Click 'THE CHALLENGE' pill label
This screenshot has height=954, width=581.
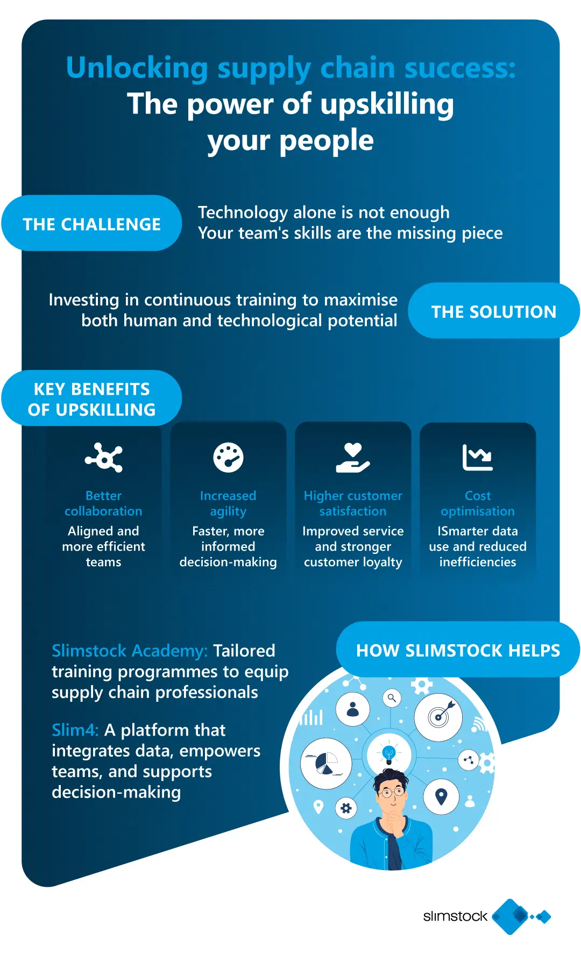point(91,223)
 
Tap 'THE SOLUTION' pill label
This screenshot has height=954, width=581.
point(494,311)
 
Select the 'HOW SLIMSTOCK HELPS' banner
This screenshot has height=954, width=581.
point(458,650)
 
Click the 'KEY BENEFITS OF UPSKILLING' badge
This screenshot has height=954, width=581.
point(91,398)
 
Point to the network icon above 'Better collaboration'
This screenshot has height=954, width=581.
point(104,458)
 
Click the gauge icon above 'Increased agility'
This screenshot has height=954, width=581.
point(228,458)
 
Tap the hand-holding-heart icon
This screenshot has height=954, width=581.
point(353,458)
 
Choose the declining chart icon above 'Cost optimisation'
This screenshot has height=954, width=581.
point(478,458)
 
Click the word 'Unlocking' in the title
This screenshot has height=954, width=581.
point(137,68)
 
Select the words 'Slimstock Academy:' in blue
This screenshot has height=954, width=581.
point(130,651)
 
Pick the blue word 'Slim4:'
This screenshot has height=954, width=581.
point(75,730)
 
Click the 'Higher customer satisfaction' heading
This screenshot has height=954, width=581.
point(353,503)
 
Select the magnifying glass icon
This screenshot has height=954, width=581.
point(392,698)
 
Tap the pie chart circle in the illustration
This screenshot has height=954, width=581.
point(326,763)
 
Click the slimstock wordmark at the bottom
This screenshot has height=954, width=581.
point(455,916)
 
